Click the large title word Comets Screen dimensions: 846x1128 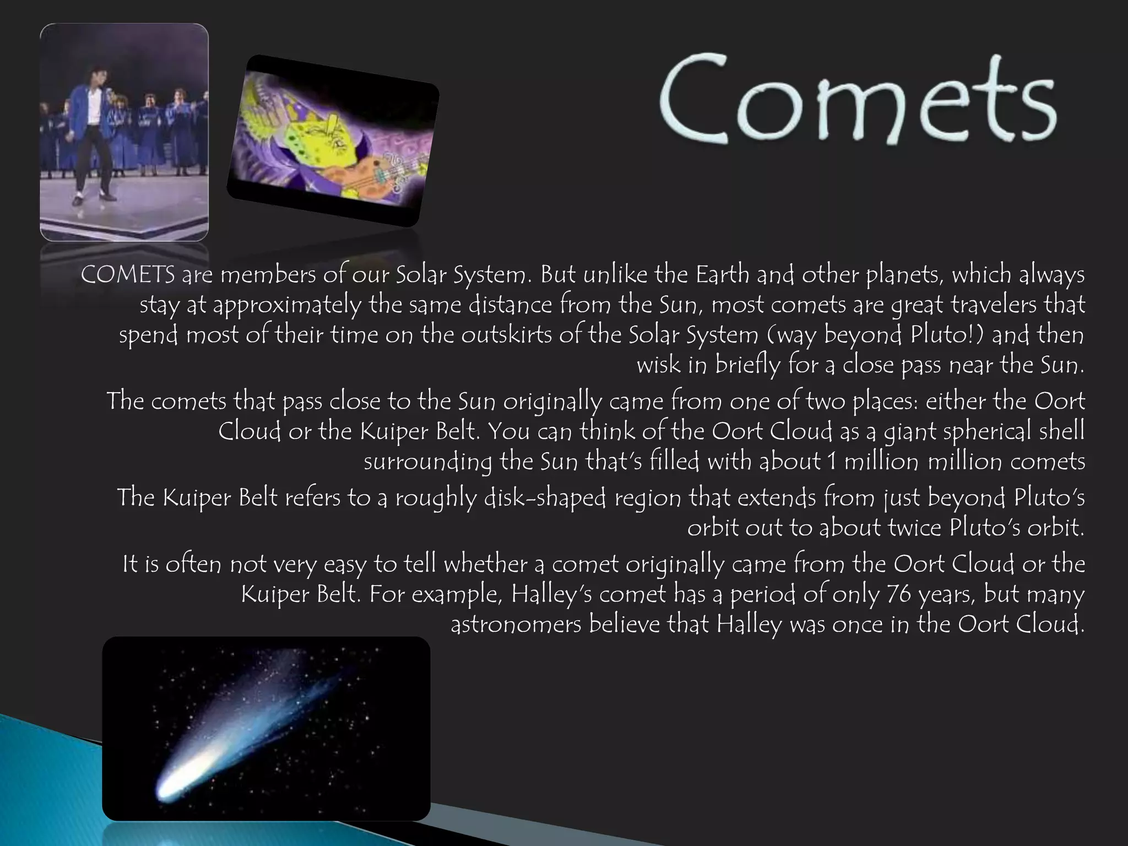(x=857, y=99)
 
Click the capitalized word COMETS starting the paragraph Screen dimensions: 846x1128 (x=128, y=275)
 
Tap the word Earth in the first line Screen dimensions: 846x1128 (x=723, y=274)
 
